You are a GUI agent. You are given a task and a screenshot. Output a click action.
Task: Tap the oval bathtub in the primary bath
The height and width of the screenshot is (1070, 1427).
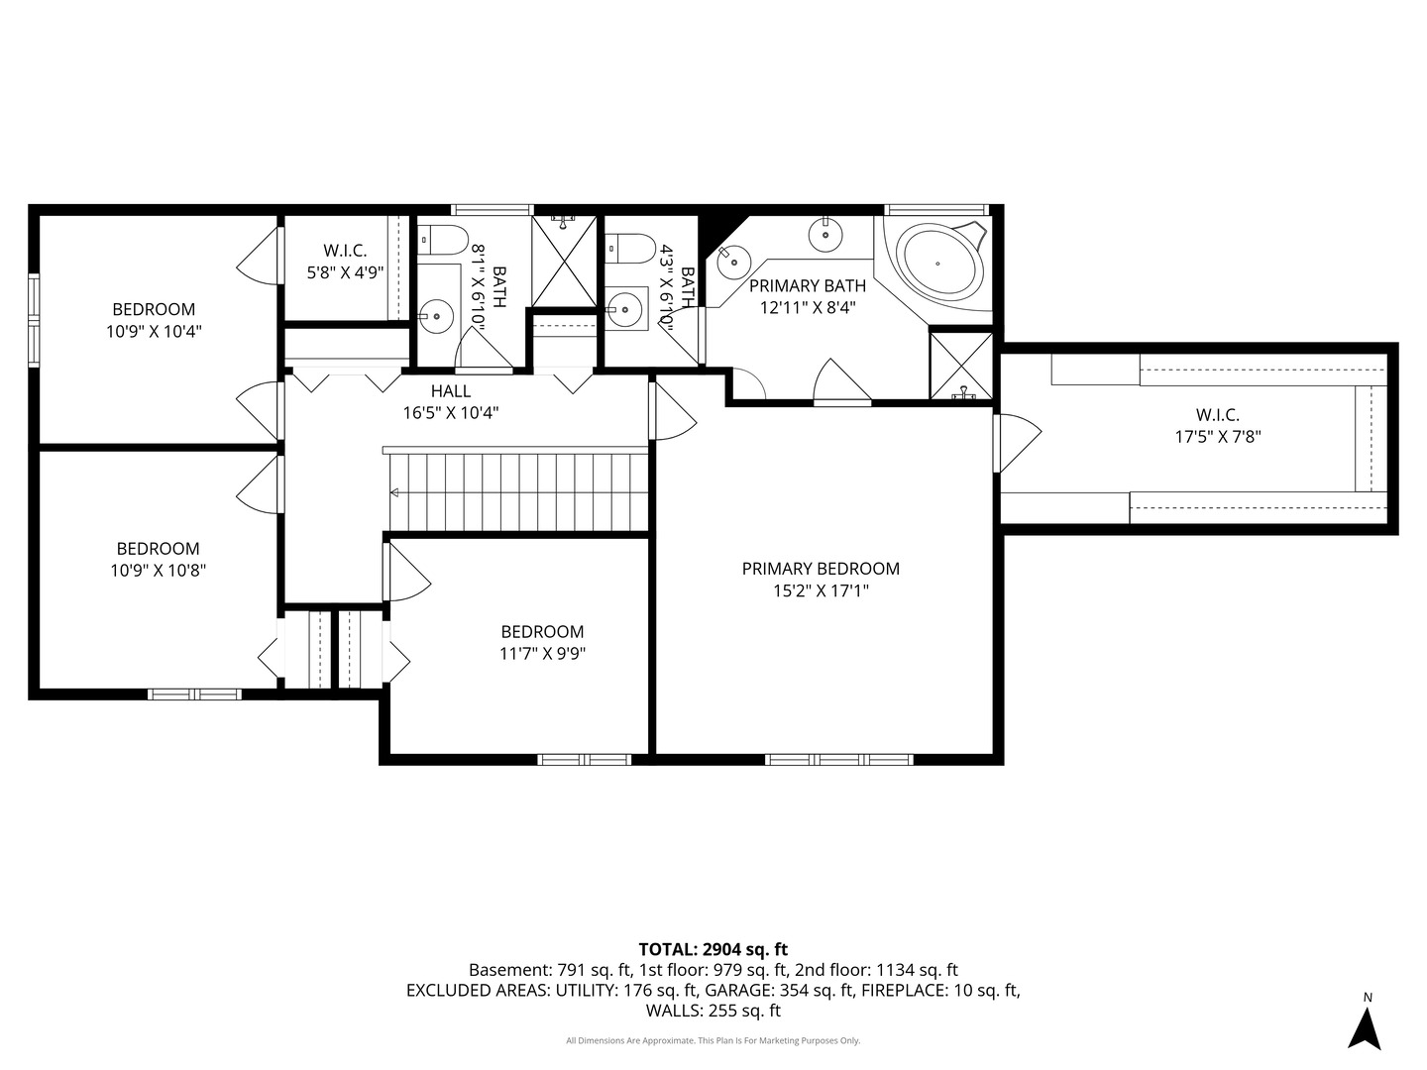(937, 264)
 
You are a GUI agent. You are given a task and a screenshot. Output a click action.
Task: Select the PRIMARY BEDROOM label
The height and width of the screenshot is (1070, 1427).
(821, 569)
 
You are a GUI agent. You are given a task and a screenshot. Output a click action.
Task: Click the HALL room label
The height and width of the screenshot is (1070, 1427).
(451, 391)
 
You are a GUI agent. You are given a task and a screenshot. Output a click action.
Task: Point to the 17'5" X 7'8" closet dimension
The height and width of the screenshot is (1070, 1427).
(1218, 437)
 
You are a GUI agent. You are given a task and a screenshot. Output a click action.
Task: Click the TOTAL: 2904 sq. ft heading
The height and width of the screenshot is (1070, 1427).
(713, 949)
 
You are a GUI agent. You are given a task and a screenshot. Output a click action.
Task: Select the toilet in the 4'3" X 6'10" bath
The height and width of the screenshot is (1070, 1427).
(629, 249)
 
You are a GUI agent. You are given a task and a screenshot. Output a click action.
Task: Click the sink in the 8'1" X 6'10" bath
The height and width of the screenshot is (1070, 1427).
(435, 316)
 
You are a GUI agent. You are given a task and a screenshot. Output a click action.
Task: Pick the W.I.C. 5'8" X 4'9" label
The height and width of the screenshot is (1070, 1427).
(345, 262)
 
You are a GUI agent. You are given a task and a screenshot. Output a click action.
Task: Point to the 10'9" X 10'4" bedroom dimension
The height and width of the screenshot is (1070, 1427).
(154, 331)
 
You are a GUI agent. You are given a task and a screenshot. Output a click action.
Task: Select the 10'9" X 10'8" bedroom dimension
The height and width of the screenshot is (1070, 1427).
(158, 571)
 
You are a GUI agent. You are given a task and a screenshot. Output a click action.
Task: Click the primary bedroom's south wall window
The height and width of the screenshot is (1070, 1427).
(838, 760)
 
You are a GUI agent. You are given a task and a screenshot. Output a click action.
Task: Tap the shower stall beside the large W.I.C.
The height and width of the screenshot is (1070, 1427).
(961, 367)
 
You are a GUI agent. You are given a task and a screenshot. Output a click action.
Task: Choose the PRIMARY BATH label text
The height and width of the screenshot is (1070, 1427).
(808, 286)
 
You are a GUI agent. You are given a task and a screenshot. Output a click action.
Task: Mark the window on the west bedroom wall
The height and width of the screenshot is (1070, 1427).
(33, 320)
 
